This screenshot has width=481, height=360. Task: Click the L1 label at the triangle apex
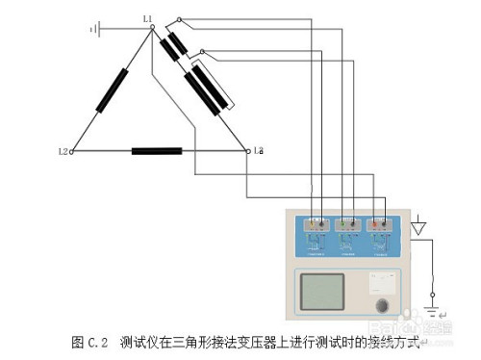point(146,18)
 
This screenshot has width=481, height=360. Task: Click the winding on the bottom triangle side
point(157,151)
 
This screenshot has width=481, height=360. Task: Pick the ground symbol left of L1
point(94,29)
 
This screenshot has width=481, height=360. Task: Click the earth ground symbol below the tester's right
point(433,312)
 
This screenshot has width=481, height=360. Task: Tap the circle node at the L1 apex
point(152,28)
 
